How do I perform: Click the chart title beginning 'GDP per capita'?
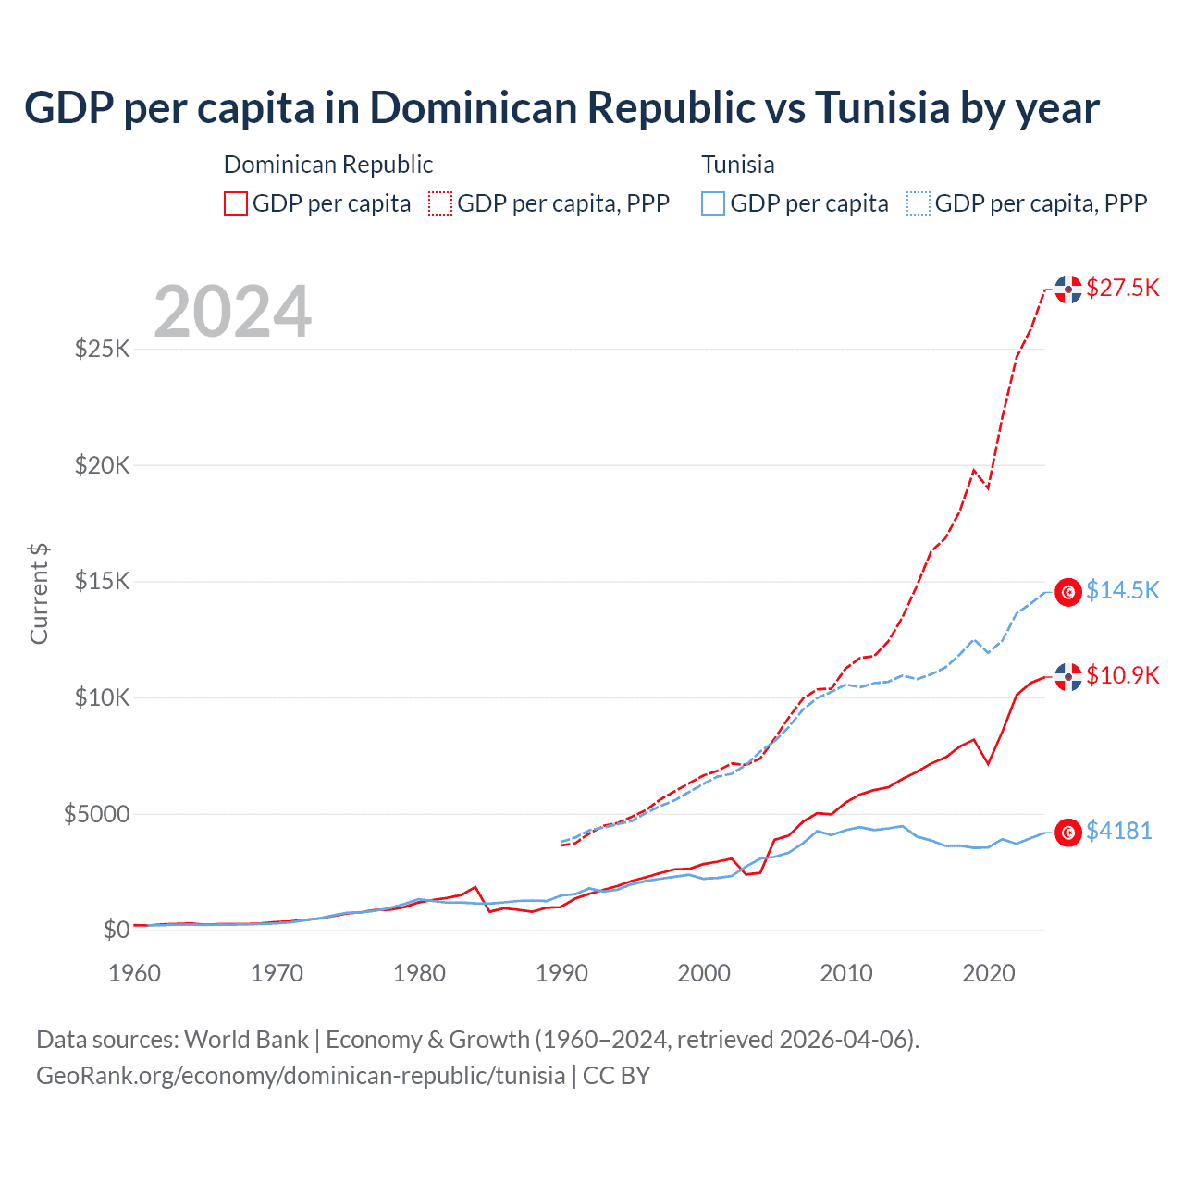[x=561, y=108]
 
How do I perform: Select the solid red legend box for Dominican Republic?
[x=236, y=203]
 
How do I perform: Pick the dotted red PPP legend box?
[x=440, y=203]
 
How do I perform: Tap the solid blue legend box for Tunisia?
[x=713, y=203]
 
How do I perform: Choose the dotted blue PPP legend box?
[x=919, y=203]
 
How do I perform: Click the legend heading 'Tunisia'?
[x=737, y=165]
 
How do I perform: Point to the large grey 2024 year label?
[x=233, y=312]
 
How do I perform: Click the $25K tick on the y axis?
[x=102, y=350]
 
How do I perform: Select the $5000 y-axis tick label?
[x=96, y=814]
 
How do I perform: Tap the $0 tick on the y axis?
[x=116, y=930]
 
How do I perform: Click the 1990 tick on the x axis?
[x=561, y=973]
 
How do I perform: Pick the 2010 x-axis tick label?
[x=846, y=973]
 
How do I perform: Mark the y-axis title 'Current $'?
[x=39, y=593]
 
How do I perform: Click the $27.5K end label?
[x=1122, y=288]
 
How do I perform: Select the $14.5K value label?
[x=1122, y=590]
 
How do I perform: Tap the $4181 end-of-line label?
[x=1118, y=831]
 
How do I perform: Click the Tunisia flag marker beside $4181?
[x=1068, y=832]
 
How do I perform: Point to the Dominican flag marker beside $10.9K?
[x=1068, y=677]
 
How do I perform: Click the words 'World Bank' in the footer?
[x=246, y=1040]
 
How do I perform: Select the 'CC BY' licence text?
[x=616, y=1076]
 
